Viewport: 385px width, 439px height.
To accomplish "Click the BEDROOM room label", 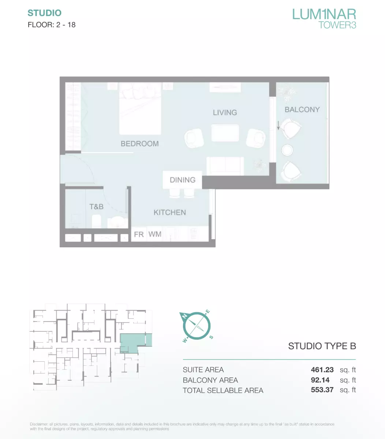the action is [139, 144].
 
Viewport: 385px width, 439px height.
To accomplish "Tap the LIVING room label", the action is [225, 112].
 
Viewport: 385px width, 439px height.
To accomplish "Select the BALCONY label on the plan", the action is [302, 110].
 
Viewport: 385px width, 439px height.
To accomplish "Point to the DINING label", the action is [183, 180].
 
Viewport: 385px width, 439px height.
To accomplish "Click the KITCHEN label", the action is [170, 213].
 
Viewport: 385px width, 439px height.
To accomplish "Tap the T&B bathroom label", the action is [97, 207].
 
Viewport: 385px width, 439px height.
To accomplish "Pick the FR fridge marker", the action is [139, 234].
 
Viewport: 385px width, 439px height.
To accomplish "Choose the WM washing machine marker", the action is [155, 234].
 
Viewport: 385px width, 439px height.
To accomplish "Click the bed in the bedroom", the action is [140, 108].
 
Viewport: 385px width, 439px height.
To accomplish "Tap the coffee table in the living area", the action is [225, 133].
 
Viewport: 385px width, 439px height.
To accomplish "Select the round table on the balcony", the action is [287, 150].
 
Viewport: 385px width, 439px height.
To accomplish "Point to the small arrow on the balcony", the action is [278, 125].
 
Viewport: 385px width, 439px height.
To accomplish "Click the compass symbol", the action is [197, 326].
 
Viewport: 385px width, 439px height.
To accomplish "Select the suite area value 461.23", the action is [322, 370].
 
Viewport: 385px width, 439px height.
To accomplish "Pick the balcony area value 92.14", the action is [320, 380].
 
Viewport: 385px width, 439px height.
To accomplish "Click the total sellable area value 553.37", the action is [322, 390].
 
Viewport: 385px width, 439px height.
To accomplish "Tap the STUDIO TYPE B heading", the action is [322, 346].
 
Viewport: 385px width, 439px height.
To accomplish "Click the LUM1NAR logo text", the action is [324, 14].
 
